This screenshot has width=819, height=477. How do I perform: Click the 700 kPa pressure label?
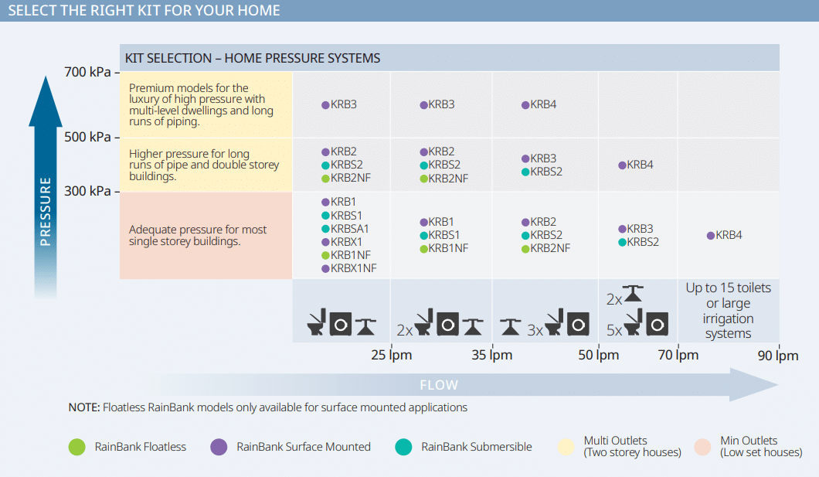(x=88, y=72)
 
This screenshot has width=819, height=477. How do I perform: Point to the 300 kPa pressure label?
(x=88, y=191)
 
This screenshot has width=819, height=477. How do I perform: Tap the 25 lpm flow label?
(x=391, y=356)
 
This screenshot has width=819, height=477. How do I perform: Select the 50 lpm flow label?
(x=599, y=356)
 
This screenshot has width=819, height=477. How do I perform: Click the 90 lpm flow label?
(x=778, y=356)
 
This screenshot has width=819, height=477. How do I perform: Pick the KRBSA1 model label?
(x=349, y=229)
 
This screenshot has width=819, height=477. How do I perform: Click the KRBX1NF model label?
(x=353, y=268)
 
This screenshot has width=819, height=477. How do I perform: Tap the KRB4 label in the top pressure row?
(x=543, y=104)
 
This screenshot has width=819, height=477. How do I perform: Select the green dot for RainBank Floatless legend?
(x=76, y=447)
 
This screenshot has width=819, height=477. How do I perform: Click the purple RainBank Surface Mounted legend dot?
(x=219, y=447)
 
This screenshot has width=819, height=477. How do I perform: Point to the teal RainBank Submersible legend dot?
(x=404, y=447)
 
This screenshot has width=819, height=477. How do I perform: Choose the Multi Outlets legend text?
(x=633, y=447)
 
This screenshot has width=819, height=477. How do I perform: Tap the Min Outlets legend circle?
(x=703, y=447)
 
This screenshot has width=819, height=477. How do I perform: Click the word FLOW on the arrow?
(x=439, y=385)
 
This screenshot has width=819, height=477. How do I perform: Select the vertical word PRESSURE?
(x=46, y=212)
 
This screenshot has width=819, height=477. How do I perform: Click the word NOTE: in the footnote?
(x=84, y=407)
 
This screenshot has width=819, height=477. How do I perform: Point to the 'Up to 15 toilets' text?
(x=728, y=288)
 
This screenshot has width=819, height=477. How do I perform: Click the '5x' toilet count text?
(x=614, y=330)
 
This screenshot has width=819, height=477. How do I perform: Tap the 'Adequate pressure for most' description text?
(x=198, y=230)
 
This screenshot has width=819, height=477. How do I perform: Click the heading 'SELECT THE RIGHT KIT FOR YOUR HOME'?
(x=144, y=11)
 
